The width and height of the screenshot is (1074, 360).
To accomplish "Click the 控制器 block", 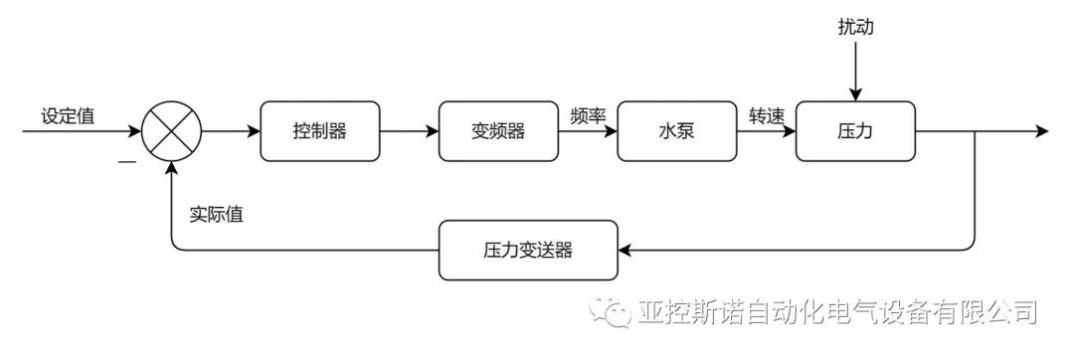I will coord(319,131).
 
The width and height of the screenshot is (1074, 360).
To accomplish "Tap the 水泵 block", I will coord(676,131).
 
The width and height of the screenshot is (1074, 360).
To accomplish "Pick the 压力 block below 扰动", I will coord(855,131).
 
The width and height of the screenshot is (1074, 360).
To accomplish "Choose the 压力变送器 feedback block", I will coord(528,250).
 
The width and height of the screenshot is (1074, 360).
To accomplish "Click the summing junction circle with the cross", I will coord(172,131).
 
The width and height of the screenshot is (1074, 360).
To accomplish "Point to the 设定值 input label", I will coord(68,115).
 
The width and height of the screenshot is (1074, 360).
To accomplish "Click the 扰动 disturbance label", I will coord(855,28).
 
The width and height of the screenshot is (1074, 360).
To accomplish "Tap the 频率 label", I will coord(588,115).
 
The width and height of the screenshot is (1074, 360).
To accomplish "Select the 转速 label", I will coord(766,115).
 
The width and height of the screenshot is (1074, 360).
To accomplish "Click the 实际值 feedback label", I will coord(216,214).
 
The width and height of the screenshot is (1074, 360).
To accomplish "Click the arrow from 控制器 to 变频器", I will coord(409,131).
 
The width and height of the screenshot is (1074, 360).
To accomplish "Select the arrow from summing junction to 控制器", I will coord(231,131).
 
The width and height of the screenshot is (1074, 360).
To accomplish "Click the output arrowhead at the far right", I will coord(1041,131).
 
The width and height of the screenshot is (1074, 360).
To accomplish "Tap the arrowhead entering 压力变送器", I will coord(625,250).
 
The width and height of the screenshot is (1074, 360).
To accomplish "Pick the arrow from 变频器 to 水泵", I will coord(587,131).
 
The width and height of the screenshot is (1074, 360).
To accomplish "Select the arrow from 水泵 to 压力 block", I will coord(766,131).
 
